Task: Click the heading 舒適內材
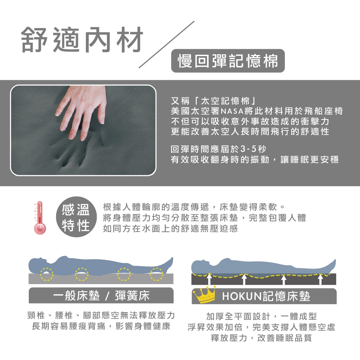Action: pos(82,40)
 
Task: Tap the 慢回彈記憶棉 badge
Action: pos(228,61)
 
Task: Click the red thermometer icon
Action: pos(40,218)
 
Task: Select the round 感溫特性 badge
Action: pos(76,217)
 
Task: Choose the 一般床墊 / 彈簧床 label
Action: pos(101,296)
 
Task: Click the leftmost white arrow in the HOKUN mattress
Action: pos(209,279)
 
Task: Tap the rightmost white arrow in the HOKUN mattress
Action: pos(320,279)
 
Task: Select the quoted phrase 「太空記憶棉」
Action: pos(225,101)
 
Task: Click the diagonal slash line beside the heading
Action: pos(167,45)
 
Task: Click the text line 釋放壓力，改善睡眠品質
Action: pos(261,338)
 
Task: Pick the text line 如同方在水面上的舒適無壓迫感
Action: pos(170,228)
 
